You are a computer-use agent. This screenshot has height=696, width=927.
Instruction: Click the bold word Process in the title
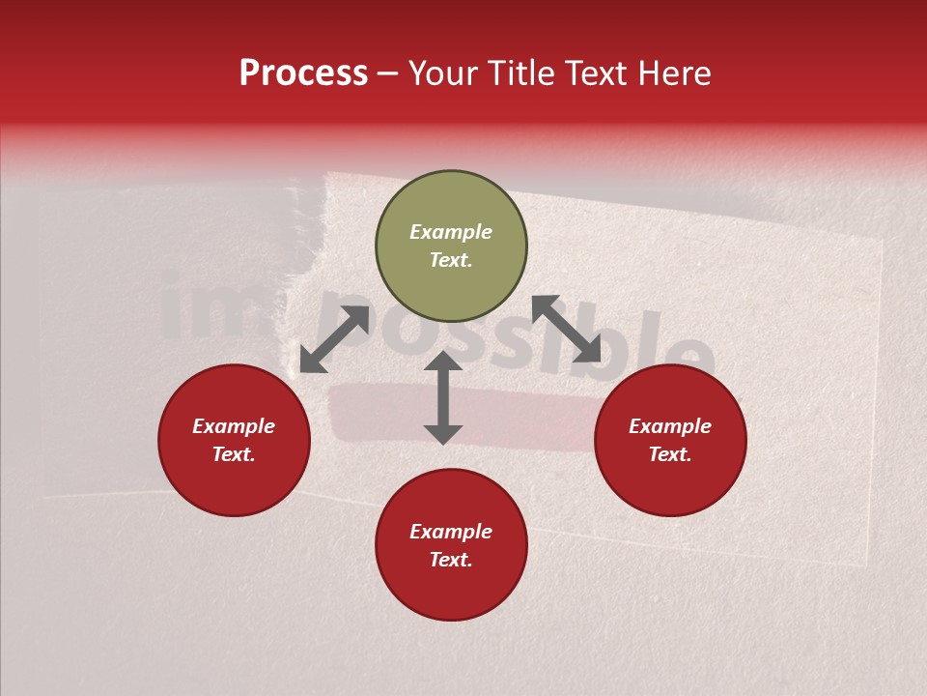coord(303,73)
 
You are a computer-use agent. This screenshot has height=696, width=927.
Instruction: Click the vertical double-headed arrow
coord(443,398)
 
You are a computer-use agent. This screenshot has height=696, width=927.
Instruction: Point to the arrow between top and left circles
coord(334,339)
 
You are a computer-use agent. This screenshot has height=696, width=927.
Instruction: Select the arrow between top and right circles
coord(566,330)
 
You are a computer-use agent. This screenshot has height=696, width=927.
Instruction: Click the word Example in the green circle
coord(451,232)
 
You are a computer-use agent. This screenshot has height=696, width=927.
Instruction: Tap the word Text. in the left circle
coord(234,454)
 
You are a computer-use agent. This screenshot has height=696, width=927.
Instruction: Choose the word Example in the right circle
coord(670,426)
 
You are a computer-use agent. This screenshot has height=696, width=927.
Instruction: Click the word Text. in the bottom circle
coord(451,560)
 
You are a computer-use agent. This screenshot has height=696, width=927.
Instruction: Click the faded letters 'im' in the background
coord(208,309)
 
